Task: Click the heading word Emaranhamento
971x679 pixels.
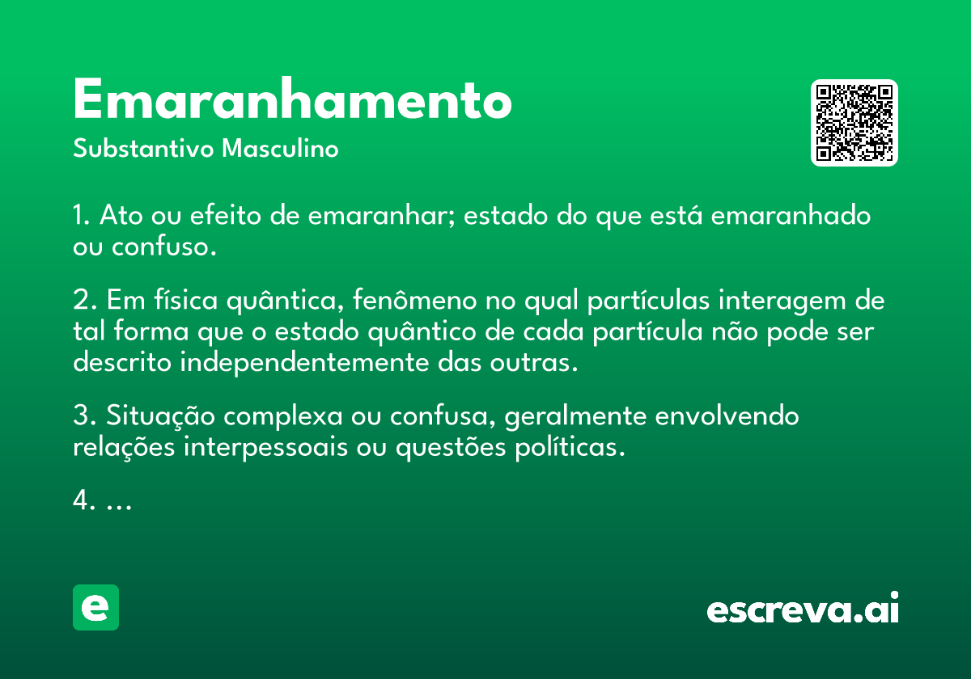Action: coord(293,99)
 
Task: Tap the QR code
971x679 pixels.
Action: coord(854,123)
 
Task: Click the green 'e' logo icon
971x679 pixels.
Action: coord(95,607)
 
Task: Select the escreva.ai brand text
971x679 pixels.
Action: coord(803,608)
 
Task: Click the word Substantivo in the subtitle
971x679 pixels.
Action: coord(143,148)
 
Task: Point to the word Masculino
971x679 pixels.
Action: coord(280,148)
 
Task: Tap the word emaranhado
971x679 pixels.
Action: coord(791,215)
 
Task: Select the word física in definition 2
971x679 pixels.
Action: coord(186,300)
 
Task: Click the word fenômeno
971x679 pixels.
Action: coord(415,300)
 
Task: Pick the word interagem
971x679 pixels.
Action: coord(782,301)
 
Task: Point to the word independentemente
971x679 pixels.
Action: coord(304,362)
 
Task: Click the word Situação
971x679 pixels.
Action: coord(160,416)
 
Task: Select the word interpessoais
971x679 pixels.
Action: coord(265,447)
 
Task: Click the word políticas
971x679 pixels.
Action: coord(570,447)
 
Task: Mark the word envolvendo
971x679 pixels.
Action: coord(727,415)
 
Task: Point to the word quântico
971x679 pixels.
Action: coord(422,332)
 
